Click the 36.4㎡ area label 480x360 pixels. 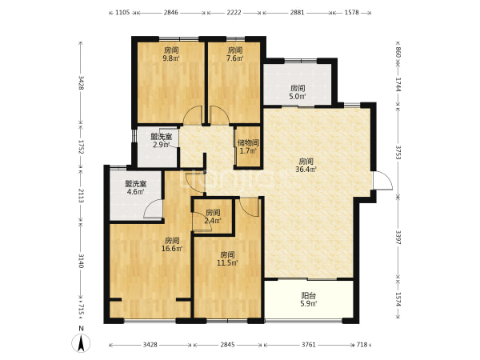tap(306, 169)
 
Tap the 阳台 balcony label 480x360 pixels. tap(309, 296)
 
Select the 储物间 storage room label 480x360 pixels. tap(248, 142)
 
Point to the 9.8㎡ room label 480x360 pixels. tap(171, 58)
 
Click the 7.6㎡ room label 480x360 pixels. tap(234, 58)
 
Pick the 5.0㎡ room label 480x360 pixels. tap(298, 97)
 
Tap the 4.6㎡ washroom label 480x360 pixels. tap(136, 192)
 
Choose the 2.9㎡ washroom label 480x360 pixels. tap(162, 145)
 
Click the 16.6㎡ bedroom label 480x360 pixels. tap(172, 249)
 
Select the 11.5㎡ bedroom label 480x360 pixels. tap(227, 262)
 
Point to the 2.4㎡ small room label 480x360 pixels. tap(213, 221)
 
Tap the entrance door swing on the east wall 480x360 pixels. tap(382, 181)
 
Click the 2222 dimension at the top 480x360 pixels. tap(234, 13)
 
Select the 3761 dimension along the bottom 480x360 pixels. tap(308, 345)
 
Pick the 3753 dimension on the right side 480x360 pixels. tap(398, 152)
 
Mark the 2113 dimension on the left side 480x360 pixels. tap(81, 196)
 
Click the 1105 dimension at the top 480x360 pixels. tap(122, 13)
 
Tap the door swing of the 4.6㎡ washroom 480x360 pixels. tap(153, 209)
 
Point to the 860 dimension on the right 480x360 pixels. tap(398, 52)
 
